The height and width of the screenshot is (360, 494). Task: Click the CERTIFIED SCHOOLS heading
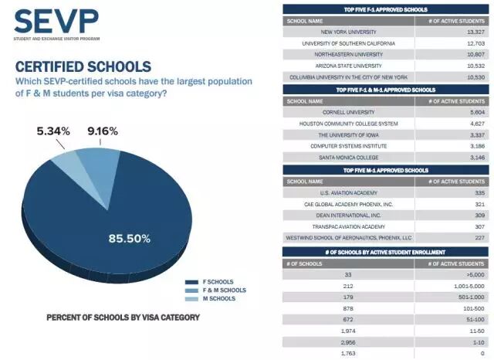click(83, 66)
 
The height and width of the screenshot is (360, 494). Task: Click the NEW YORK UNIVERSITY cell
click(349, 32)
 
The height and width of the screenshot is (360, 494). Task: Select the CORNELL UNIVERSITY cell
click(349, 111)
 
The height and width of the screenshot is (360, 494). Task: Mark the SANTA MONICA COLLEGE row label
click(349, 157)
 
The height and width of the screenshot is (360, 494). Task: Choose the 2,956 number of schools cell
click(349, 341)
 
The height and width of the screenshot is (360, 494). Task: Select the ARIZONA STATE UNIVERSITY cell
click(349, 66)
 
